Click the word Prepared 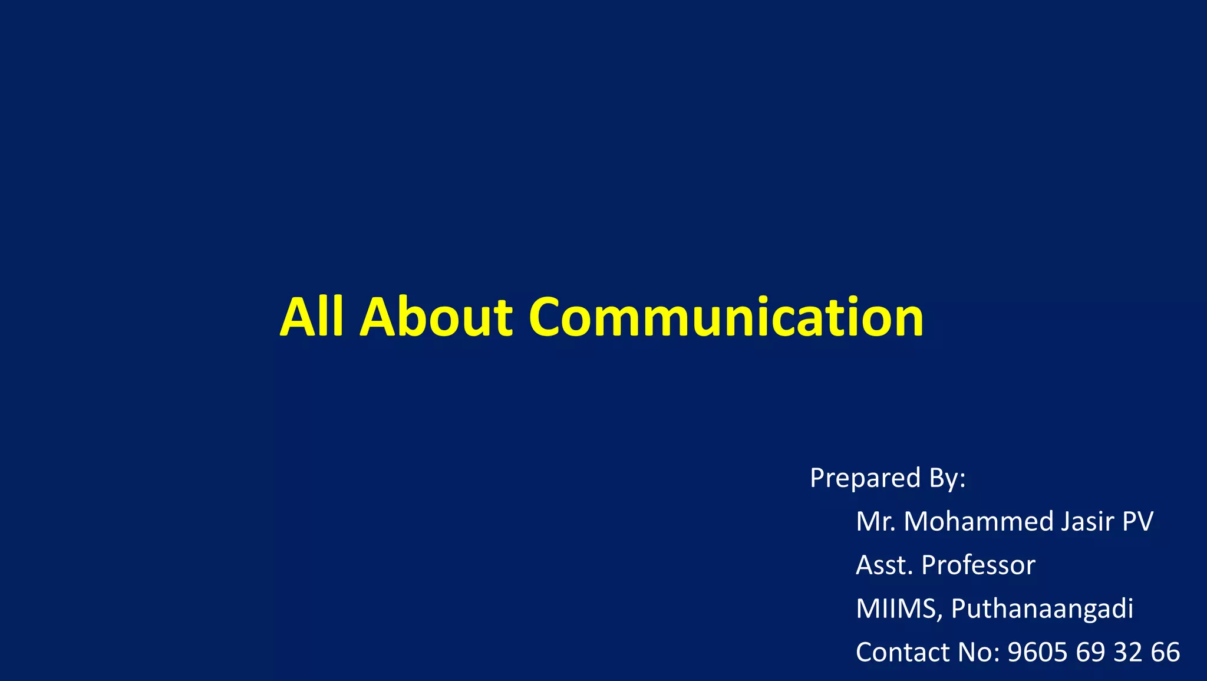pyautogui.click(x=865, y=478)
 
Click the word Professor pyautogui.click(x=978, y=565)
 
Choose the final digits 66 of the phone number pyautogui.click(x=1165, y=653)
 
